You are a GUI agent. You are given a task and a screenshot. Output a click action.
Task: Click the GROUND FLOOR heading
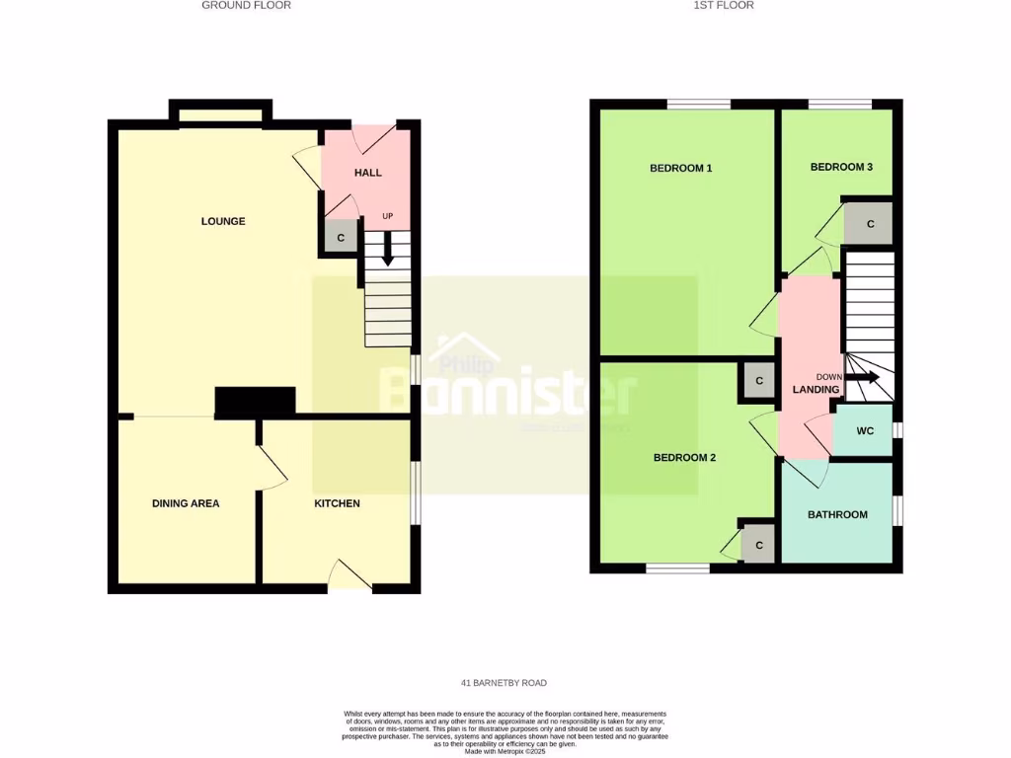coord(246,5)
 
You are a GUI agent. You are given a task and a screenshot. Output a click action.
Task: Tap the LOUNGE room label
coord(223,221)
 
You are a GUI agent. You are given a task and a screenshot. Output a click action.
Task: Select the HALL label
coord(368,173)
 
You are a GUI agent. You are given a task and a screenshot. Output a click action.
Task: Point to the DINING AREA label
coord(186,503)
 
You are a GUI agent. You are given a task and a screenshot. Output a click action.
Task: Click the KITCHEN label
coord(337,503)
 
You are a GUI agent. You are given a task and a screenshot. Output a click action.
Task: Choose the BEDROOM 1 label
coord(680,168)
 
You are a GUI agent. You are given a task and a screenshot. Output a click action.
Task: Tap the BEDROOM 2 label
coord(684,458)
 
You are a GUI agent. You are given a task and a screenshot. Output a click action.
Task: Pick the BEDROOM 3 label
coord(841,167)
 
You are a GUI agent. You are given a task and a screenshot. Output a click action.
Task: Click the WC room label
coord(865,430)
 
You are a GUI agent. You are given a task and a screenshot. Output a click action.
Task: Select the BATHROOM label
coord(837,514)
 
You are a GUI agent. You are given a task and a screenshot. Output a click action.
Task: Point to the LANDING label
coord(817,390)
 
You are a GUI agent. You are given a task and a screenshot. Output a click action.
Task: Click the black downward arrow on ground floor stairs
coord(387,249)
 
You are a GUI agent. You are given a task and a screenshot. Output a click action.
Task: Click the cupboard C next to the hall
coord(342,238)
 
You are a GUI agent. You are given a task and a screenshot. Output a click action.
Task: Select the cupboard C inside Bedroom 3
coord(870,224)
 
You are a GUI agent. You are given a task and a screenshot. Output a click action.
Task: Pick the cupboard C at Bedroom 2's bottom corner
coord(759,544)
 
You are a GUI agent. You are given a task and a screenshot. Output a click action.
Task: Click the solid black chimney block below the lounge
coord(255,402)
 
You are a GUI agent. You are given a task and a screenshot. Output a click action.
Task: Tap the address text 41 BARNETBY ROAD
coord(504,683)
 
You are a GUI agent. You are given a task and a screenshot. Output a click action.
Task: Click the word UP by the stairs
coord(387,216)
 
